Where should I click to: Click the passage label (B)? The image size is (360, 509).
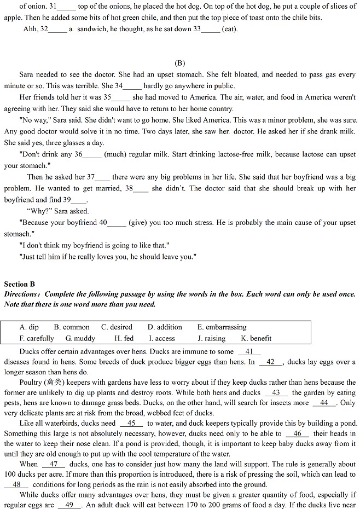[179, 63]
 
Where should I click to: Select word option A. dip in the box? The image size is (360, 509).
[29, 327]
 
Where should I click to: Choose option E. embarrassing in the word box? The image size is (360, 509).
[222, 327]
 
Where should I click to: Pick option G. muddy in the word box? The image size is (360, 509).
[80, 338]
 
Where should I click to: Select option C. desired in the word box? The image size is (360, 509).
[117, 327]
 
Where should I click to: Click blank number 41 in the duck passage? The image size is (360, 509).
[249, 352]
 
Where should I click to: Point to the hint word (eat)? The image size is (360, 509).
[230, 29]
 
